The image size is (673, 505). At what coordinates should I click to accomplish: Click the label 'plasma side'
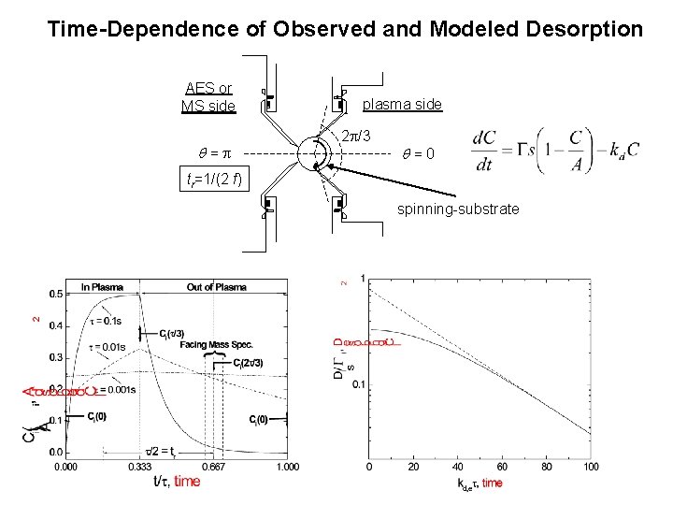tap(402, 104)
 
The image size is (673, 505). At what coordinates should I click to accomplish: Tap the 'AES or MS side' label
tap(208, 97)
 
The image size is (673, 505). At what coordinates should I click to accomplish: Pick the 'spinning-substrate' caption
tap(458, 209)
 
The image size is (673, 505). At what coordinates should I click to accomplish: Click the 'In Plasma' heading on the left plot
tap(105, 287)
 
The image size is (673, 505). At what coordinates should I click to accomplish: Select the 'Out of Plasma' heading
tap(216, 287)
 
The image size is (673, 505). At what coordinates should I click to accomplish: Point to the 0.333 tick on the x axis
tap(139, 466)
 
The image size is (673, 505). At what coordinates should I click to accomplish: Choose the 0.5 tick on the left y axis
tap(55, 295)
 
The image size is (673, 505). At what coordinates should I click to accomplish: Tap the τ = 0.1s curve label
tap(106, 321)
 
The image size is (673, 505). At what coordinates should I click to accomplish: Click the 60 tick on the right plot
tap(503, 466)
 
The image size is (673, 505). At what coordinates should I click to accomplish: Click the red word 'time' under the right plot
tap(492, 483)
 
